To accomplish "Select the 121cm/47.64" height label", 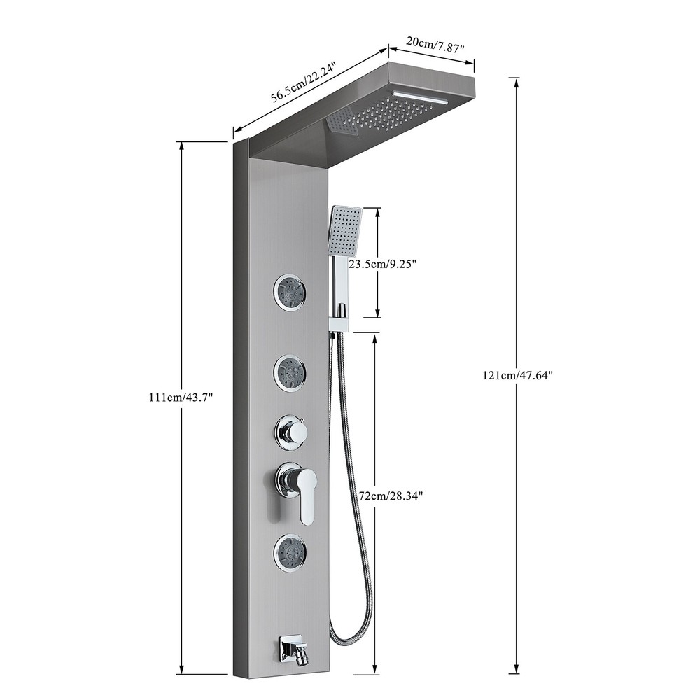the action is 517,374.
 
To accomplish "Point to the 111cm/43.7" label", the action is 181,397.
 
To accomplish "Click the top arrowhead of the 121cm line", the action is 517,80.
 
